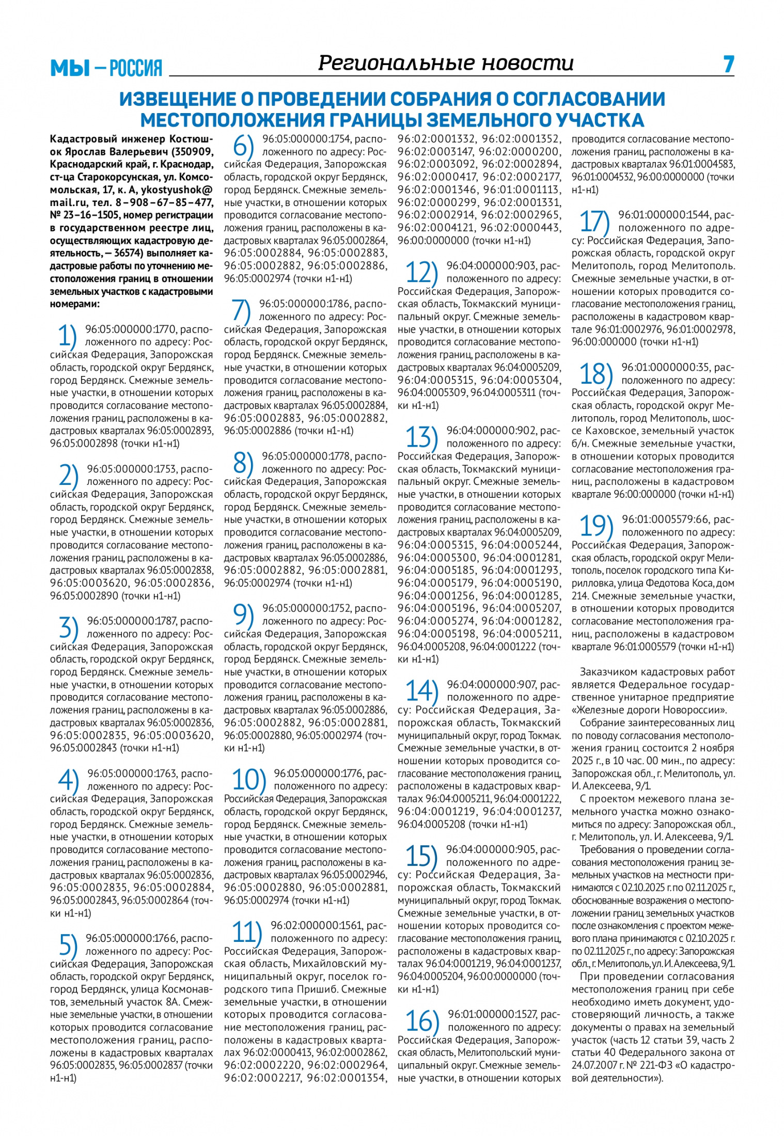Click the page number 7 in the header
click(728, 64)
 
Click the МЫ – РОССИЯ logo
click(106, 68)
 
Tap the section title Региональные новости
click(446, 63)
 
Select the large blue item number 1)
click(67, 337)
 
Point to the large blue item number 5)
click(68, 945)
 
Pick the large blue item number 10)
click(248, 780)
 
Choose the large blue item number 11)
click(244, 933)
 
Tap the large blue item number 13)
click(421, 438)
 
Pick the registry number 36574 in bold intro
click(130, 254)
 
